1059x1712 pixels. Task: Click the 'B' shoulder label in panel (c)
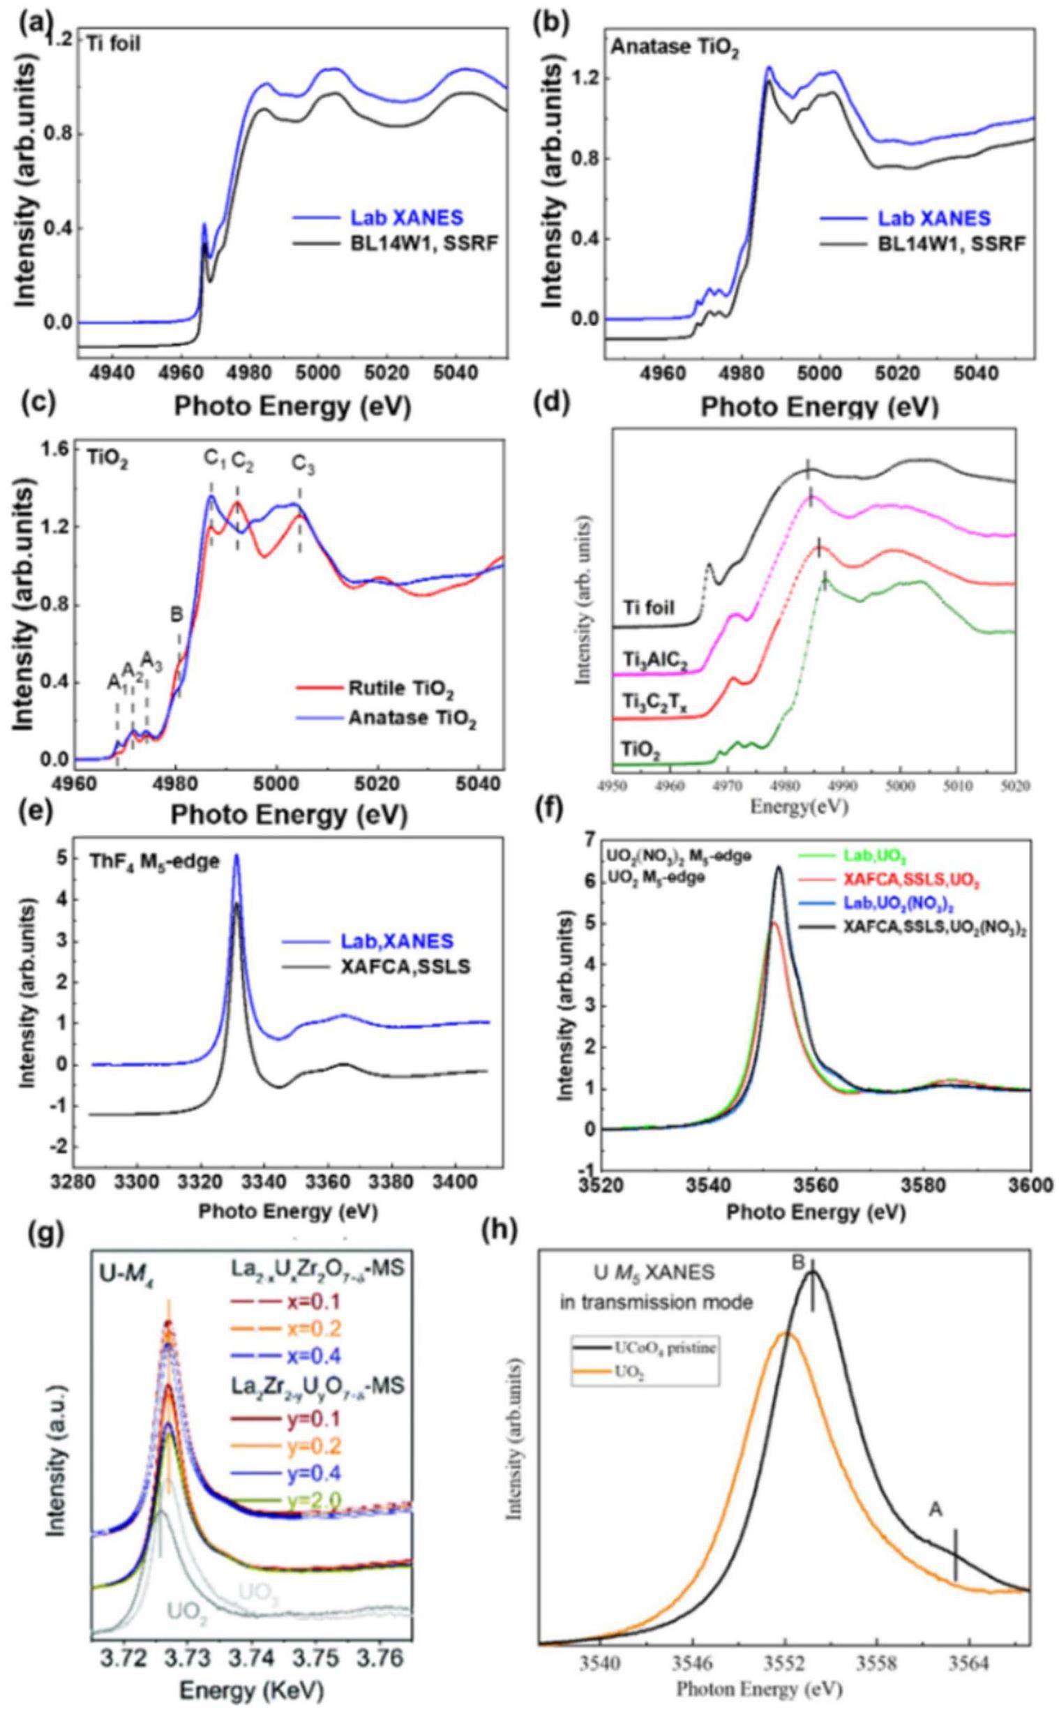[177, 615]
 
